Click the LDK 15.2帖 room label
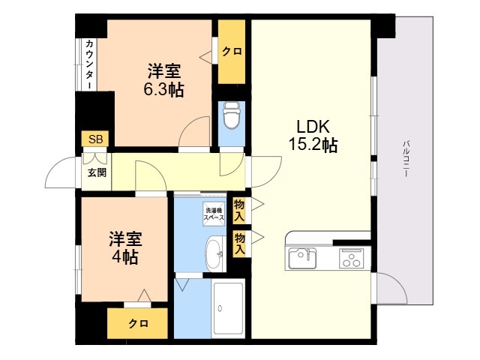tap(313, 136)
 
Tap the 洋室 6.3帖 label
tap(164, 80)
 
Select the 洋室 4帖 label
tap(125, 248)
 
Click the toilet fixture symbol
tap(232, 115)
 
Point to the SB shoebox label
tap(95, 139)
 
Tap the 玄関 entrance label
tap(97, 173)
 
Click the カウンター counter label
tap(89, 64)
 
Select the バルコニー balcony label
tap(406, 158)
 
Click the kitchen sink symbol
tap(302, 259)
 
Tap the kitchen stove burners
tap(352, 259)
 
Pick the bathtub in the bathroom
tap(228, 308)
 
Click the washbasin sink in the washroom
tap(215, 253)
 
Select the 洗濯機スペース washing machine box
tap(214, 214)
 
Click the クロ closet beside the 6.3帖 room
tap(232, 52)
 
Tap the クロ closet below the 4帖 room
tap(137, 323)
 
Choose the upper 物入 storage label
tap(239, 210)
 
